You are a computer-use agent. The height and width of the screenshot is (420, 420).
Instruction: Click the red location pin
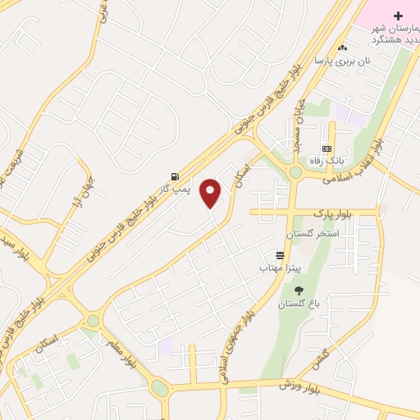click(x=211, y=193)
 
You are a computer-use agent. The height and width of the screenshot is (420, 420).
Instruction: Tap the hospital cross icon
click(x=399, y=16)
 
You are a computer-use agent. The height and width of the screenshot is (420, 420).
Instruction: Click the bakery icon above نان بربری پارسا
click(x=342, y=48)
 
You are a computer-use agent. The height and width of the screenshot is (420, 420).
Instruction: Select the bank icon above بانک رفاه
click(x=327, y=148)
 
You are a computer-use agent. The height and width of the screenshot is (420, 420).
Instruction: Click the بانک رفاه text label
click(x=326, y=161)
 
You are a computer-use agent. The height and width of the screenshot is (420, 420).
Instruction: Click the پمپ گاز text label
click(x=174, y=189)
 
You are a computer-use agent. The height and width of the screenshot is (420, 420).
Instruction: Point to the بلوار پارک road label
click(x=331, y=213)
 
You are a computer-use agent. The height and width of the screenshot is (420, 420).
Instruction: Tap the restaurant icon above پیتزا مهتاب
click(x=281, y=255)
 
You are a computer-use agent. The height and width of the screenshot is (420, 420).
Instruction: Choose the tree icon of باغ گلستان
click(x=298, y=290)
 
